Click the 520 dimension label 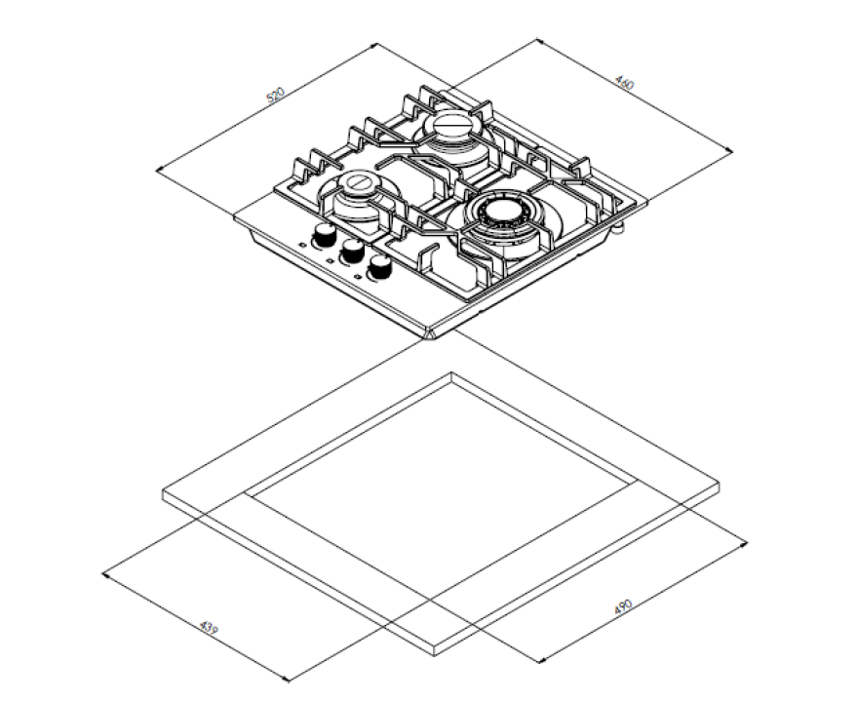point(276,95)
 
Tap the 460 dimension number point(625,82)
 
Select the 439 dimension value point(209,627)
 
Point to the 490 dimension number point(623,606)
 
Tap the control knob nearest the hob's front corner point(379,267)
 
